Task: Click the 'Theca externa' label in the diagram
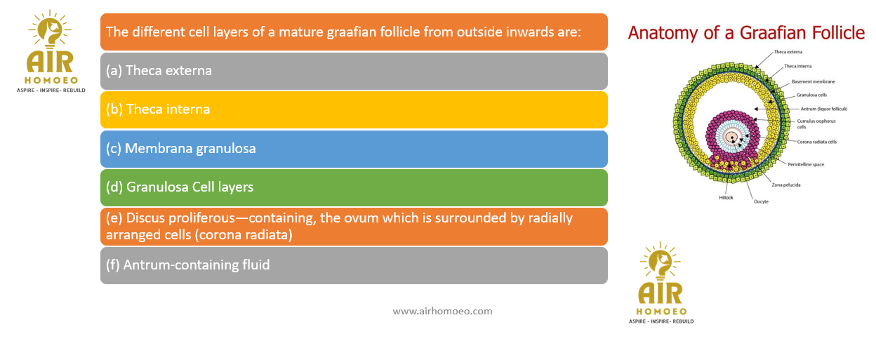788,52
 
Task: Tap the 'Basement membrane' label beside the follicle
814,81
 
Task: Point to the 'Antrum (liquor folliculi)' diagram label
824,109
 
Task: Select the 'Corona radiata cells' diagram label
817,142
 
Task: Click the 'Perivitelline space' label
806,164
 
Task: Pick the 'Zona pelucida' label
786,185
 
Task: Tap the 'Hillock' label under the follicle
726,198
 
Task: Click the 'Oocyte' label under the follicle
761,201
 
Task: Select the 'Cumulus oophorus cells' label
816,124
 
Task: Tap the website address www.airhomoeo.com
442,311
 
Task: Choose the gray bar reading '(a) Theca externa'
354,71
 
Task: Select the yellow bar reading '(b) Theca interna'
354,110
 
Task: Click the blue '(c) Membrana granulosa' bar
354,149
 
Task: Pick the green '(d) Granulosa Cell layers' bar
354,187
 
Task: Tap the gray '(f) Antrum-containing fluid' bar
354,265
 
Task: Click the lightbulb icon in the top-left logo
50,29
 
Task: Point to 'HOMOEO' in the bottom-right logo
661,312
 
